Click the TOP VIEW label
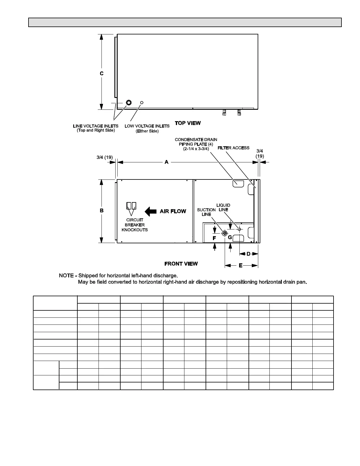(188, 123)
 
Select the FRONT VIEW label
(181, 264)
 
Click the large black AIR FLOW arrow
(151, 211)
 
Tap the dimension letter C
(101, 73)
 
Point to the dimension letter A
(166, 162)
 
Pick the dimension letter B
(101, 211)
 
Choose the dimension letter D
(248, 254)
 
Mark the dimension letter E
(241, 265)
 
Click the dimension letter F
(214, 238)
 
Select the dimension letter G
(230, 237)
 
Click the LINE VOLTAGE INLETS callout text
(96, 128)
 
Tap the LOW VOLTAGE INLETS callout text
(147, 128)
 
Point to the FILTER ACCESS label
(234, 148)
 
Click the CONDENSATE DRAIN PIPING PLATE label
(196, 144)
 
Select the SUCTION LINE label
(206, 212)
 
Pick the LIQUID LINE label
(223, 207)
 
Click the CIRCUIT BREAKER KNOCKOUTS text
(135, 225)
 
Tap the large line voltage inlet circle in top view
(129, 102)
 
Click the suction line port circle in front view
(225, 233)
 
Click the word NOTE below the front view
(66, 276)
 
